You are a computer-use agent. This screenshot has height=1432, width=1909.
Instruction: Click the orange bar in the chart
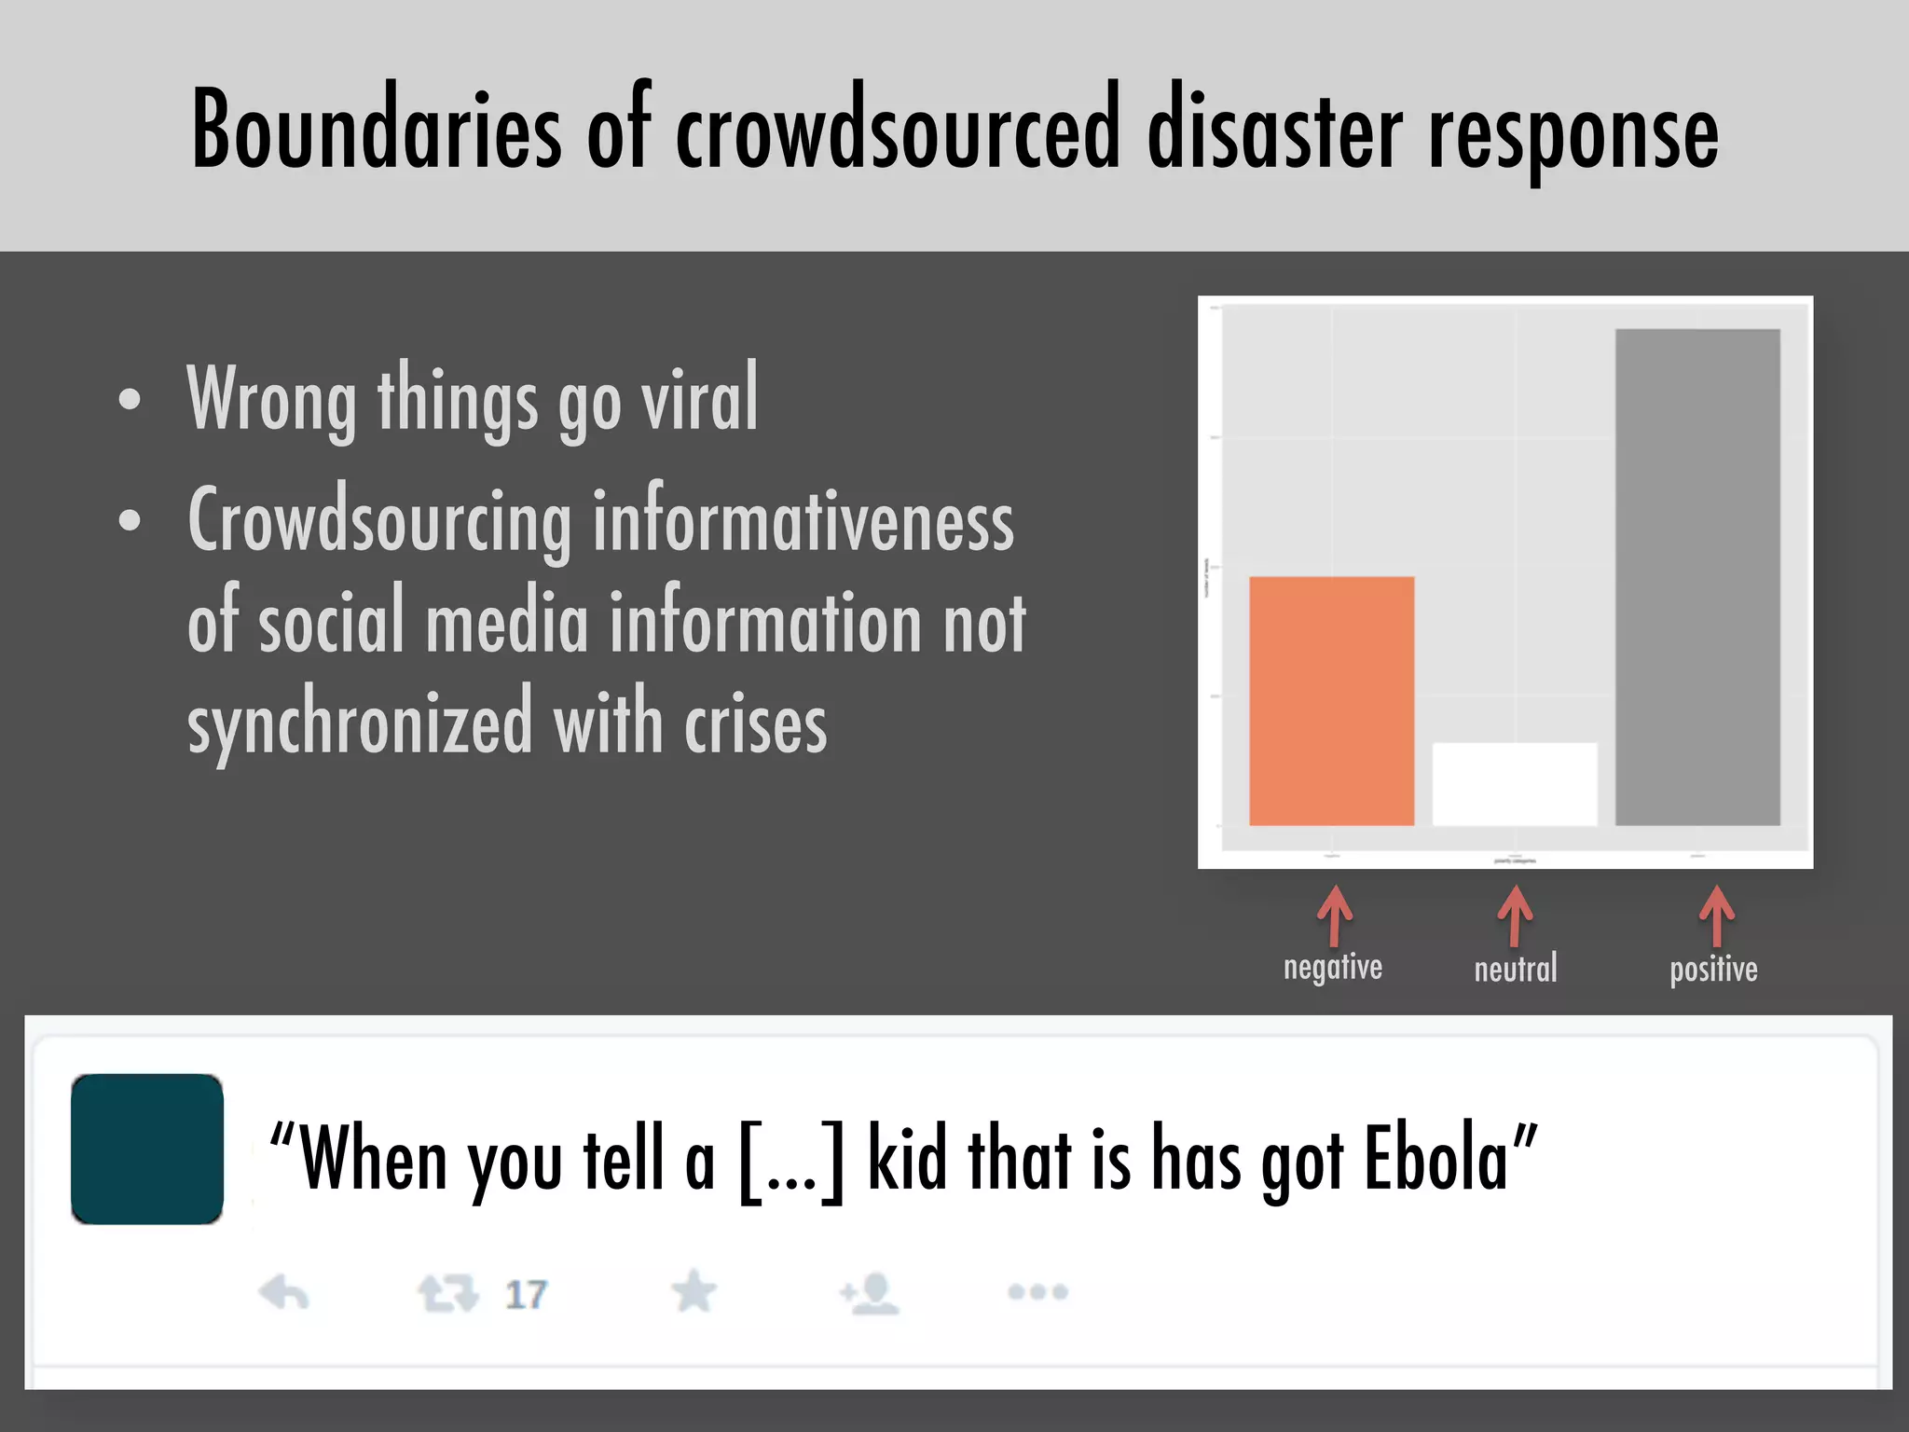click(x=1331, y=701)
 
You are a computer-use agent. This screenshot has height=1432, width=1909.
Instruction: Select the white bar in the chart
click(x=1515, y=784)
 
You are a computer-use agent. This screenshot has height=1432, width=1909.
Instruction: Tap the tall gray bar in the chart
click(x=1697, y=577)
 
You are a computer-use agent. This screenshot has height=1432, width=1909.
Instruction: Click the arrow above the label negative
click(x=1335, y=916)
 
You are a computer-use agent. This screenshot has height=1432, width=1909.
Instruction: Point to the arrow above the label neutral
click(x=1515, y=916)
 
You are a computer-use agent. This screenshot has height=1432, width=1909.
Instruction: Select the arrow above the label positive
click(x=1716, y=916)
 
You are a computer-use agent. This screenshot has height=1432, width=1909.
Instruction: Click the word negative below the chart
click(x=1333, y=968)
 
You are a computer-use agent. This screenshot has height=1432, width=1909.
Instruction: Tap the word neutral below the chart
click(x=1516, y=970)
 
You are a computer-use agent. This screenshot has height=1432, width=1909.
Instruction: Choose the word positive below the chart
click(x=1713, y=970)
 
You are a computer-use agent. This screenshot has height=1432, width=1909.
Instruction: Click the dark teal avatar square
click(x=147, y=1149)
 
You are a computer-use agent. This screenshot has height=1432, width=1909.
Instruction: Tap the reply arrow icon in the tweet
click(x=283, y=1293)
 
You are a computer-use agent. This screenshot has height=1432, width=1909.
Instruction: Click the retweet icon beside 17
click(x=447, y=1293)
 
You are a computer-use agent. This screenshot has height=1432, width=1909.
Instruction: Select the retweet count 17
click(x=526, y=1294)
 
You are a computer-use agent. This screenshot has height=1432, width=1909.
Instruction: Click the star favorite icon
click(x=694, y=1292)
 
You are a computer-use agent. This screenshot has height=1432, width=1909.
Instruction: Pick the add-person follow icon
click(x=869, y=1293)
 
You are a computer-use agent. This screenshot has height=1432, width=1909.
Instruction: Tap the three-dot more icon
click(x=1037, y=1292)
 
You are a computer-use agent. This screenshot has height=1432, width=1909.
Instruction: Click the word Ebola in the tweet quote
click(x=1435, y=1158)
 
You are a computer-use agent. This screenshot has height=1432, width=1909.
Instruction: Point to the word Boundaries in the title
click(x=377, y=131)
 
